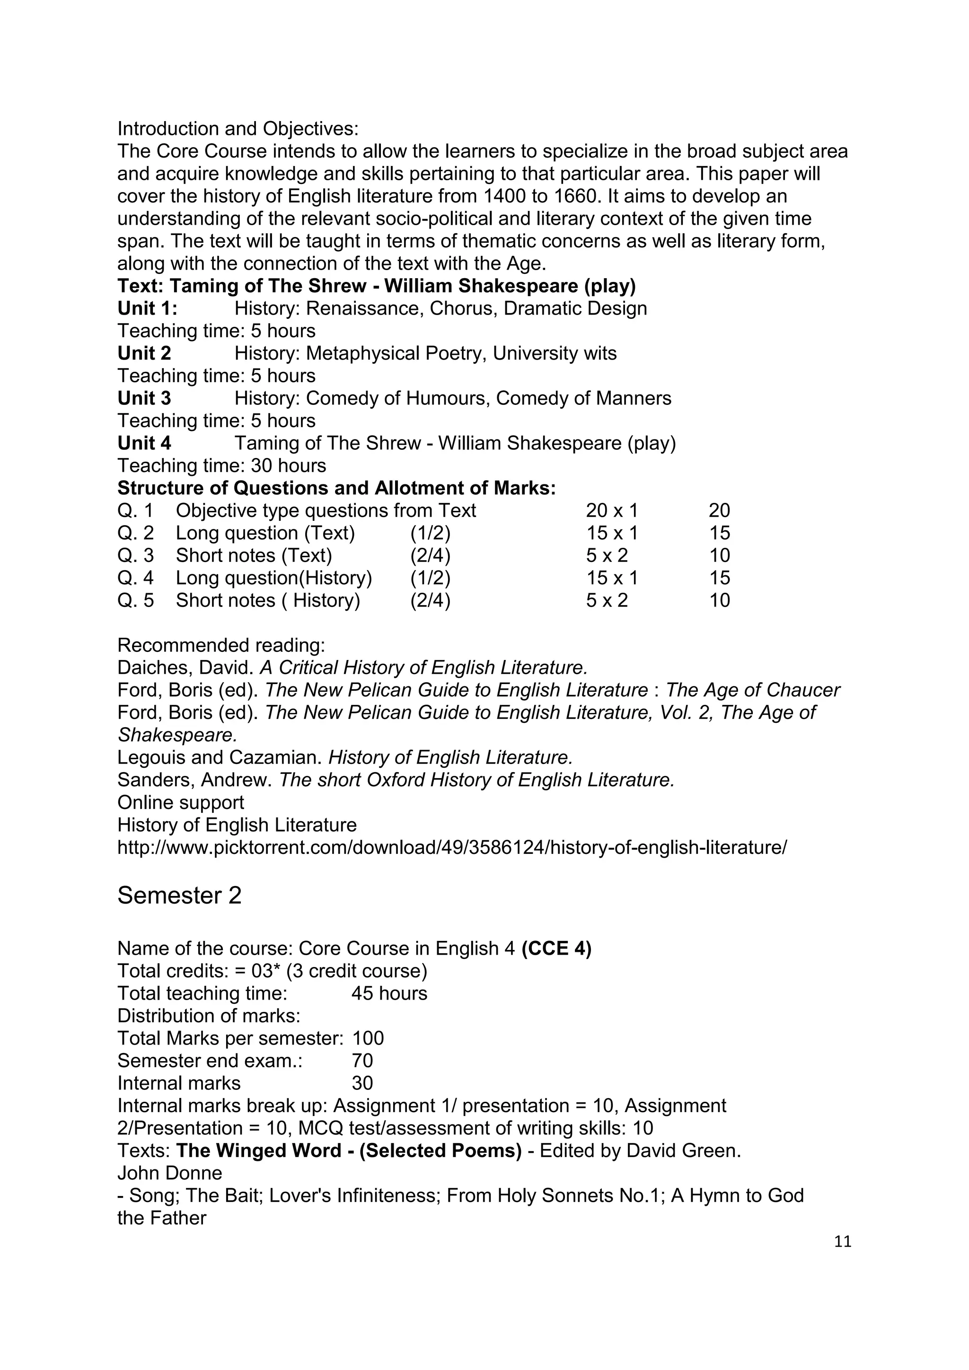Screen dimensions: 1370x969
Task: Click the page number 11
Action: pos(843,1242)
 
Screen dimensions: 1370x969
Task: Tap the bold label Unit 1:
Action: pos(147,308)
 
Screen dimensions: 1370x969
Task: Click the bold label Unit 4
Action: pos(144,443)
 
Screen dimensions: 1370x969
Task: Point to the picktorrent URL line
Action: pos(452,847)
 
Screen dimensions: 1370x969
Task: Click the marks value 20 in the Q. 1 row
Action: pos(719,511)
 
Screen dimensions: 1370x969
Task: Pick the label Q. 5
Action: pos(135,600)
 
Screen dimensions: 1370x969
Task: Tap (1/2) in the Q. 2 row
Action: pos(430,533)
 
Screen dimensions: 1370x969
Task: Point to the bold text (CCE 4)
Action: pos(556,949)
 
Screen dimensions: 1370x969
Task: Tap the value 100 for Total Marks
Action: pos(368,1038)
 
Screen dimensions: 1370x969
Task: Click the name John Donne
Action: pos(169,1173)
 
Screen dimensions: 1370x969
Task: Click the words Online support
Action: pos(180,802)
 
